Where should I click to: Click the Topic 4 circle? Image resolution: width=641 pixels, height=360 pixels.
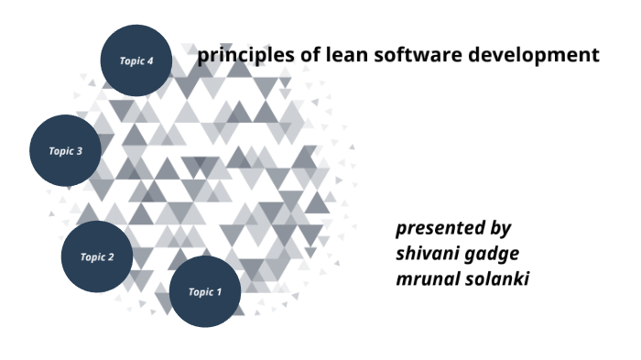(136, 60)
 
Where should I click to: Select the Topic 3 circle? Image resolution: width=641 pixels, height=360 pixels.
(65, 150)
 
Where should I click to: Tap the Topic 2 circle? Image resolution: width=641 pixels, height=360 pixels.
(96, 257)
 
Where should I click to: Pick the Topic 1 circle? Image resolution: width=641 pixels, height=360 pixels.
(205, 291)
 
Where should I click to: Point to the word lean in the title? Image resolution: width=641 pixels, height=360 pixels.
(342, 55)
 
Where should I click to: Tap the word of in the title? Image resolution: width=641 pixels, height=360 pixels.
(309, 55)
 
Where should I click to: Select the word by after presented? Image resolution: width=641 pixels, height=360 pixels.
(500, 229)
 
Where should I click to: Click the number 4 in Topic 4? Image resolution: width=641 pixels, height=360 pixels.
(150, 60)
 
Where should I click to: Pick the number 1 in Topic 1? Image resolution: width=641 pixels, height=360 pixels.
(219, 292)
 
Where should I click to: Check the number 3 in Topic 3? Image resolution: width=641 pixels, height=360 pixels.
(80, 151)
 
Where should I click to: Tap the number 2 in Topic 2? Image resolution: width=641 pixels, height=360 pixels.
(111, 257)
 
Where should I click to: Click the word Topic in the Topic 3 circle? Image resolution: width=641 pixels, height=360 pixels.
(60, 151)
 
